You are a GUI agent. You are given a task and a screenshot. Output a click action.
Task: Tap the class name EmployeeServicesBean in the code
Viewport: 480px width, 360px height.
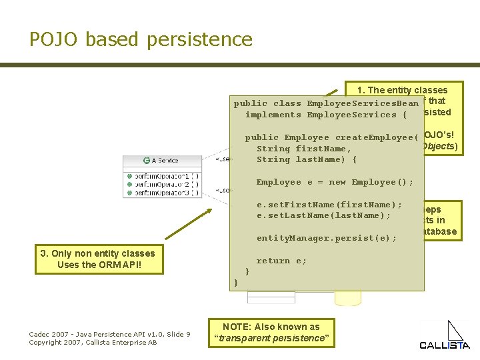coord(363,103)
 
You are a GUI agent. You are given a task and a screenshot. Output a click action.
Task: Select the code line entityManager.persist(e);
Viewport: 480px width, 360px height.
coord(327,238)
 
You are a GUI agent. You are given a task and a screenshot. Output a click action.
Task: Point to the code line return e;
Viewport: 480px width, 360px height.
coord(281,261)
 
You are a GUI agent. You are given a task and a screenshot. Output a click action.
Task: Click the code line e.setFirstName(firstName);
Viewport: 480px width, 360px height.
coord(329,205)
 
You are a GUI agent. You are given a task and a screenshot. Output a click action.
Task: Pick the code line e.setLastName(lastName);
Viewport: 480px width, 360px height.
coord(324,215)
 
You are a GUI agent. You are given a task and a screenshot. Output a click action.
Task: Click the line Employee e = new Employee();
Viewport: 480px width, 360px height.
coord(335,182)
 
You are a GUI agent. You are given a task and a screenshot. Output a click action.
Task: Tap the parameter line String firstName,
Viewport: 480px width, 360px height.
coord(304,149)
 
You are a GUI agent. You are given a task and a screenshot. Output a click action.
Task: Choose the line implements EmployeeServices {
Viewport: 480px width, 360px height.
coord(326,115)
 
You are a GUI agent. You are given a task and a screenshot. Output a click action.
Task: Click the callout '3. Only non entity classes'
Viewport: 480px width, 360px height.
coord(97,253)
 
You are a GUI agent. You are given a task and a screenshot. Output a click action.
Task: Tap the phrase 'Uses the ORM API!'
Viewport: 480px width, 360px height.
coord(97,265)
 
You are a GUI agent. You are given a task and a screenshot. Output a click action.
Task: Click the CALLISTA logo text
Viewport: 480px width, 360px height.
coord(444,345)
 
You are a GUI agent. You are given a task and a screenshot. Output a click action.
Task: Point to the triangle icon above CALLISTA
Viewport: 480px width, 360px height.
coord(455,330)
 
